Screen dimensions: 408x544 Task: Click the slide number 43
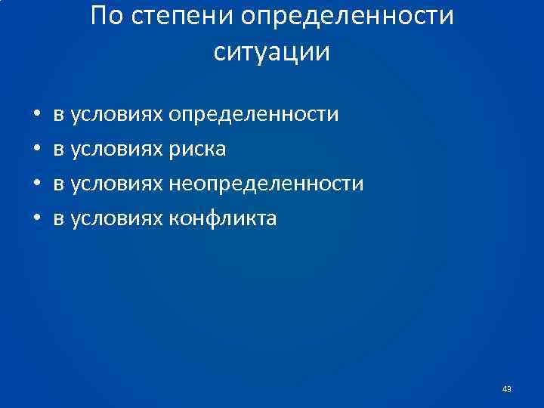(506, 389)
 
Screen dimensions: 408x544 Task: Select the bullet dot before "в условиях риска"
(36, 150)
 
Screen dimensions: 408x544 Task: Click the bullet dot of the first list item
(36, 116)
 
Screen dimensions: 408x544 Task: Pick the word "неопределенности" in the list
(266, 184)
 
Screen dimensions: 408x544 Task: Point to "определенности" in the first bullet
(254, 115)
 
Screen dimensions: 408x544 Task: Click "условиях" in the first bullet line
(116, 115)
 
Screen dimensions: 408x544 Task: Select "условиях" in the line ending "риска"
(116, 150)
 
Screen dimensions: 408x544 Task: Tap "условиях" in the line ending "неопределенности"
(116, 184)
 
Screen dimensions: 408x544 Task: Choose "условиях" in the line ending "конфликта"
(116, 219)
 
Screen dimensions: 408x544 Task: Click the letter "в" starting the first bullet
(58, 116)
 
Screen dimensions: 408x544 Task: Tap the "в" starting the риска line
(58, 150)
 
